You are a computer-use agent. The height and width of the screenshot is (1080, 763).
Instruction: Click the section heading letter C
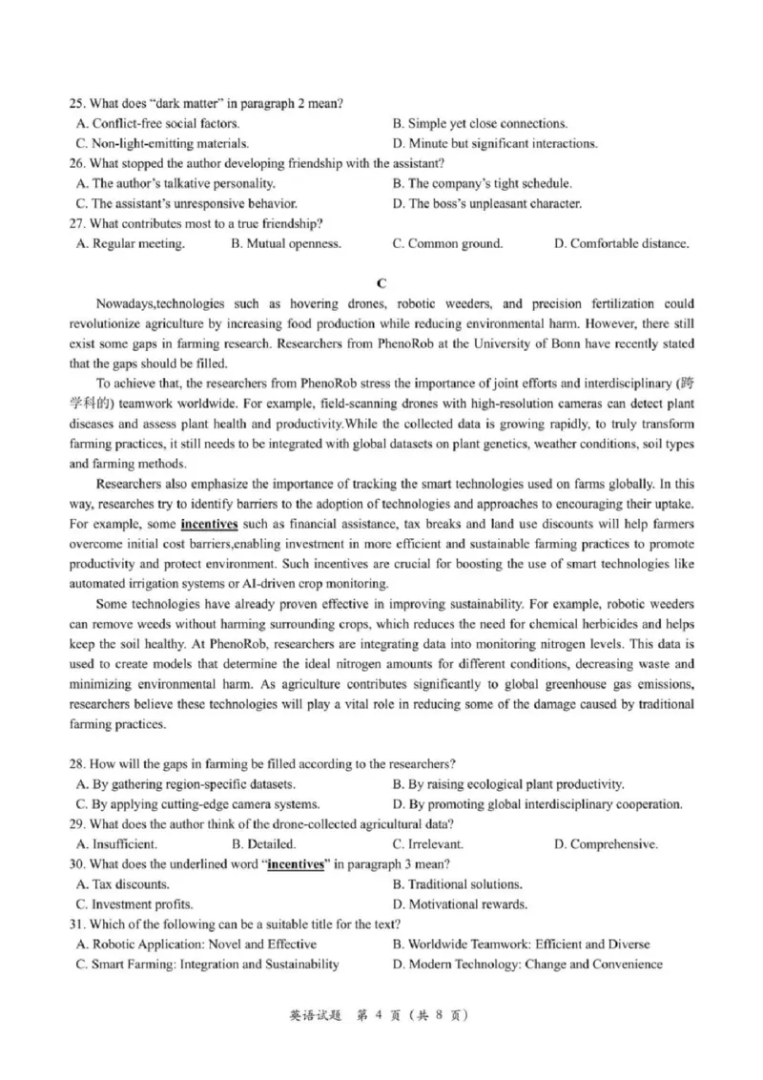(x=381, y=282)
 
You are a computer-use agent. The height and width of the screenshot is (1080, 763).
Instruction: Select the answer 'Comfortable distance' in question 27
(x=629, y=243)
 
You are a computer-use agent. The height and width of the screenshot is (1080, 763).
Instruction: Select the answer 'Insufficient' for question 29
(x=124, y=844)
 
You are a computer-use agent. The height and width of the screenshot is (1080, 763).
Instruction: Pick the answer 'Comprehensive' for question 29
(x=613, y=844)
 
